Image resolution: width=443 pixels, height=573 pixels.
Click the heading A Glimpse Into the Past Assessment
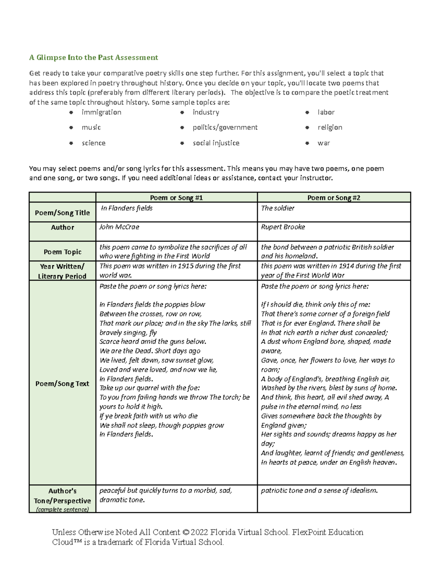tap(93, 58)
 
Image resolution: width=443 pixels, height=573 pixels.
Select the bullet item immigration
tap(101, 112)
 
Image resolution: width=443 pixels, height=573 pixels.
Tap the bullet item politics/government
tap(225, 127)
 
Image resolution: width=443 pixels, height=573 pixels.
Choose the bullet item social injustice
tap(216, 143)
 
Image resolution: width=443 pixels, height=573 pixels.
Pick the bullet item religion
tap(330, 127)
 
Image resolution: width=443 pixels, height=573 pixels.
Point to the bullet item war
tap(323, 143)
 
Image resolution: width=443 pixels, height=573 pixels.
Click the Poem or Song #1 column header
tap(176, 198)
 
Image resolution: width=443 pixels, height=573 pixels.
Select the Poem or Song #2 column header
tap(334, 198)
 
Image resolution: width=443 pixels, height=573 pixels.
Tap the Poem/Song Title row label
tap(62, 213)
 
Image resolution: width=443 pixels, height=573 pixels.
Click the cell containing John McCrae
tap(119, 227)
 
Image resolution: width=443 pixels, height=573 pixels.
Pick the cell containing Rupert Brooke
tap(283, 227)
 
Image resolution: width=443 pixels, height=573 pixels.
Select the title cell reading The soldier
tap(278, 208)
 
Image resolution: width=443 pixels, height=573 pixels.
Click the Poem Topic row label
tap(62, 252)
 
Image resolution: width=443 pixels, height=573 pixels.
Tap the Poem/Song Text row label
tap(62, 383)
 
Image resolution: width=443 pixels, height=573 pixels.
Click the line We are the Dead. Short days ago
tap(150, 351)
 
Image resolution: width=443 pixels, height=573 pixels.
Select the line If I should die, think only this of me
tap(315, 304)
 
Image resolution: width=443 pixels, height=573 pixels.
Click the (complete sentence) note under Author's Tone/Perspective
tap(62, 510)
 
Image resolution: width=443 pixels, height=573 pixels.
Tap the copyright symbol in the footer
tap(186, 532)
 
